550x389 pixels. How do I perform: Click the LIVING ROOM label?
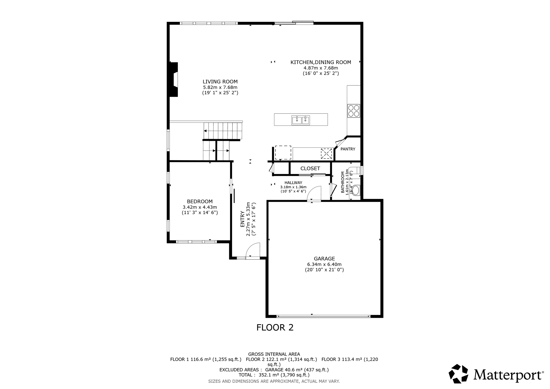pyautogui.click(x=220, y=82)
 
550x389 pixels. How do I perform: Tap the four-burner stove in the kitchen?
pyautogui.click(x=353, y=111)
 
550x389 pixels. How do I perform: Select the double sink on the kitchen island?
pyautogui.click(x=301, y=120)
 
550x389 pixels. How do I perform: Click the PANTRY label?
pyautogui.click(x=348, y=149)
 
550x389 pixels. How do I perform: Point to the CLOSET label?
pyautogui.click(x=310, y=168)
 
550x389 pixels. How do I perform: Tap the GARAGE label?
pyautogui.click(x=324, y=259)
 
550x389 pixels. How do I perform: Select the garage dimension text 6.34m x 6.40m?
pyautogui.click(x=324, y=264)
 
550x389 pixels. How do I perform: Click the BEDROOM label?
pyautogui.click(x=200, y=201)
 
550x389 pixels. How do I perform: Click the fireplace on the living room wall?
pyautogui.click(x=174, y=80)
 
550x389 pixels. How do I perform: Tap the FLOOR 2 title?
pyautogui.click(x=275, y=327)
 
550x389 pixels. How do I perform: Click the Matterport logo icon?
pyautogui.click(x=458, y=374)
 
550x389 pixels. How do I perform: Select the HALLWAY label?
pyautogui.click(x=293, y=183)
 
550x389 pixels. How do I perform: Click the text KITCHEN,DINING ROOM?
pyautogui.click(x=321, y=62)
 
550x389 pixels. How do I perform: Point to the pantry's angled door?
pyautogui.click(x=340, y=143)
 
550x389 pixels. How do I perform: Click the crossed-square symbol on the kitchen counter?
pyautogui.click(x=326, y=154)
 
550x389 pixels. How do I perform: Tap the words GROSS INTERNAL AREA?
pyautogui.click(x=274, y=354)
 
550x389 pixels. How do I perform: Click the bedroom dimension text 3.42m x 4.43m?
pyautogui.click(x=200, y=207)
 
